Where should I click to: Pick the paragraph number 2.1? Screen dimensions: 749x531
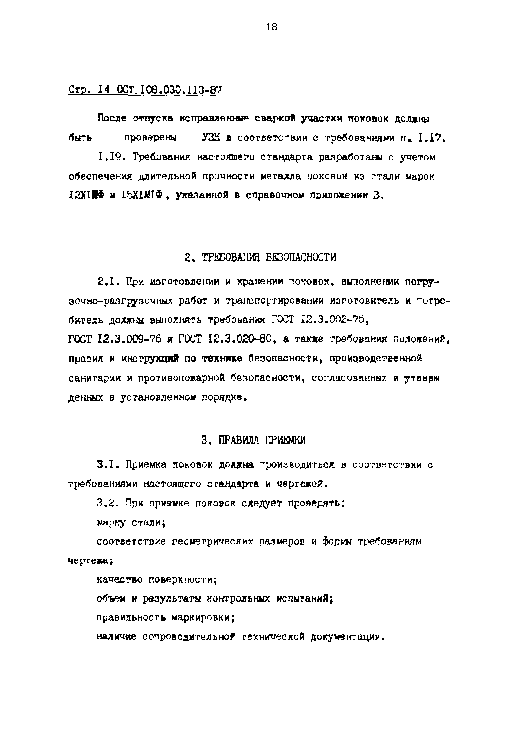click(x=109, y=282)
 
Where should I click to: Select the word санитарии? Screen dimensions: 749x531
click(x=94, y=378)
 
